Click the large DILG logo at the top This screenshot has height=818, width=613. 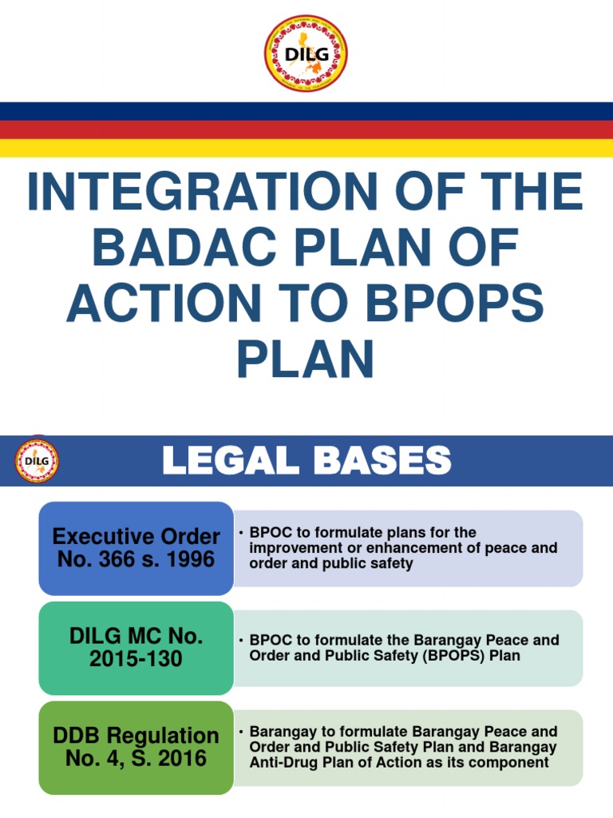coord(306,53)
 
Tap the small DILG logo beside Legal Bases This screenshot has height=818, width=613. coord(37,461)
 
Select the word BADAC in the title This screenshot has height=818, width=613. coord(188,248)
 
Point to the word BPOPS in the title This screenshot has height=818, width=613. coord(463,304)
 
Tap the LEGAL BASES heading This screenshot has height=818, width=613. coord(306,461)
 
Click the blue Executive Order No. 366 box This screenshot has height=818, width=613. coord(136,548)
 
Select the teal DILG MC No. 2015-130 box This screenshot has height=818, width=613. coord(136,648)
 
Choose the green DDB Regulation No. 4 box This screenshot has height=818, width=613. coord(136,747)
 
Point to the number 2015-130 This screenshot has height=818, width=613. coord(136,660)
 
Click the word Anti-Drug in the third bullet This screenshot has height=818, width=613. coord(279,763)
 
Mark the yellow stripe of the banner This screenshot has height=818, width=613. coord(306,149)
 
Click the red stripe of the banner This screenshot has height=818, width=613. coord(306,129)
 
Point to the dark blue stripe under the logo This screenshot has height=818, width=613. coord(306,110)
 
